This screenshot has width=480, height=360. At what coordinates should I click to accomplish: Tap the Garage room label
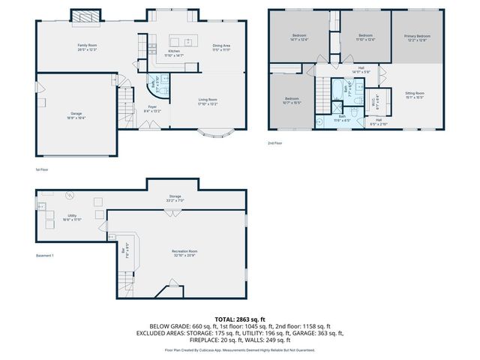pos(76,115)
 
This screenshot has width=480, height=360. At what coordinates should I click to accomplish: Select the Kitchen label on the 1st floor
pos(173,52)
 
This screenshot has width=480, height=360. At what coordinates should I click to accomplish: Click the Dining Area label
pos(221,46)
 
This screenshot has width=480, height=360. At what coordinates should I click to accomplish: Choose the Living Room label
pos(207,101)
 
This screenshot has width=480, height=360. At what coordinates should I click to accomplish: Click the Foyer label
pos(152,109)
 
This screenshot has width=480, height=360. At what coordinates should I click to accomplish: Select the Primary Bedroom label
pos(417,37)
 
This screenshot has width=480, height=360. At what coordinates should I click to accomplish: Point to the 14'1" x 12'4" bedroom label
pos(299,37)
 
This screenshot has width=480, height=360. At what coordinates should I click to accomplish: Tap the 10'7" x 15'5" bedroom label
pos(292,100)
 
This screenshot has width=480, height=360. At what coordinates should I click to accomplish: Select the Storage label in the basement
pos(175,198)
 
